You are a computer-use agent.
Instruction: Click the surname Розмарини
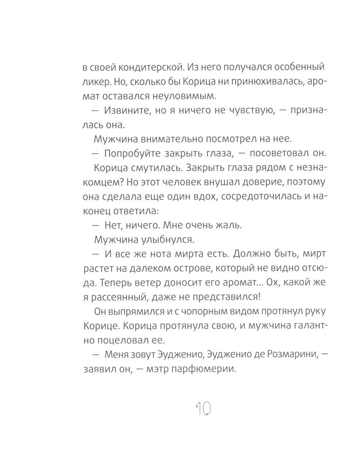coord(288,355)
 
